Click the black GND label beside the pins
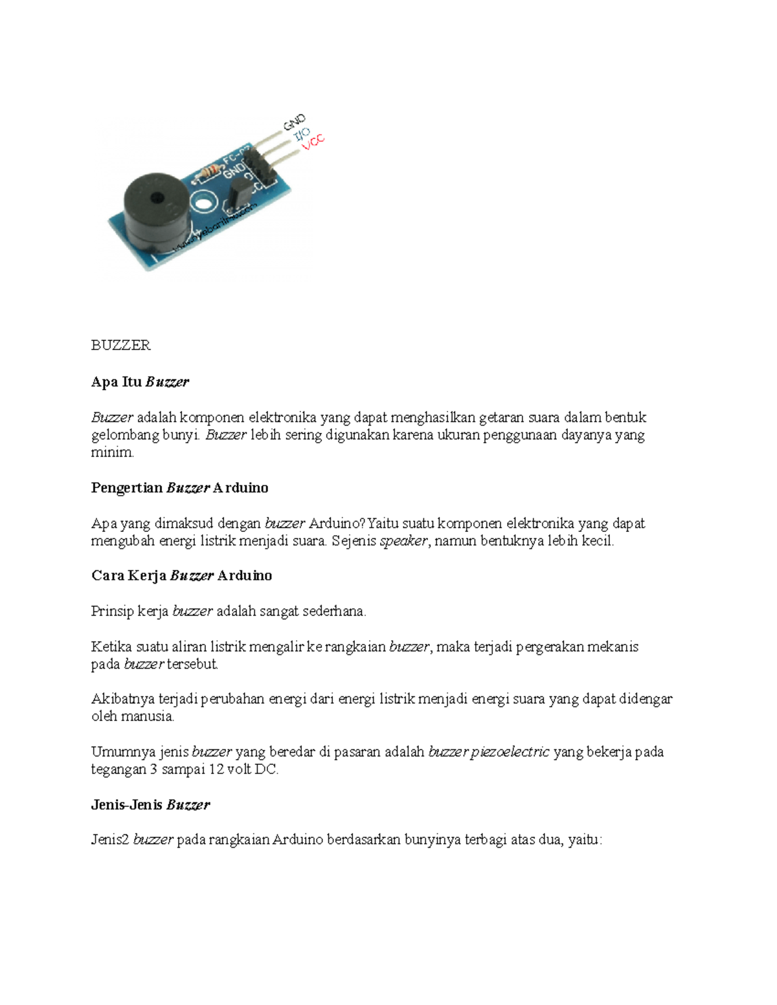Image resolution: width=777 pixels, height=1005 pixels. coord(294,122)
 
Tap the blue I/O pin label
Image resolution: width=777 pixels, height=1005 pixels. coord(302,134)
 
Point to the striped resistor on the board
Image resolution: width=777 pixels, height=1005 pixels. coord(209,172)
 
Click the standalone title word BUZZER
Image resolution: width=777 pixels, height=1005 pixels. coord(121,346)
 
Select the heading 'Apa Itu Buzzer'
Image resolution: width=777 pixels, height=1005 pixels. coord(140,382)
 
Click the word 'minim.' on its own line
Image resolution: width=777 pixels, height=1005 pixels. coord(113,452)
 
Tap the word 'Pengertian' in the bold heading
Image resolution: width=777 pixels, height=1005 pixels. coord(127,488)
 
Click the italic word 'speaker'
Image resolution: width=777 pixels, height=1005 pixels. coord(404,541)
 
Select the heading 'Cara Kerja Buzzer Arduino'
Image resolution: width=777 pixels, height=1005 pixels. coord(181,576)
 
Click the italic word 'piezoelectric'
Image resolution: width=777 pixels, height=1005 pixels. coord(510,752)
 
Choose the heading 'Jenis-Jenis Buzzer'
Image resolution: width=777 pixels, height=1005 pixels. coord(150,805)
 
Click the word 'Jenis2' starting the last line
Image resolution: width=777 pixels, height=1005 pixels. coord(110,841)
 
